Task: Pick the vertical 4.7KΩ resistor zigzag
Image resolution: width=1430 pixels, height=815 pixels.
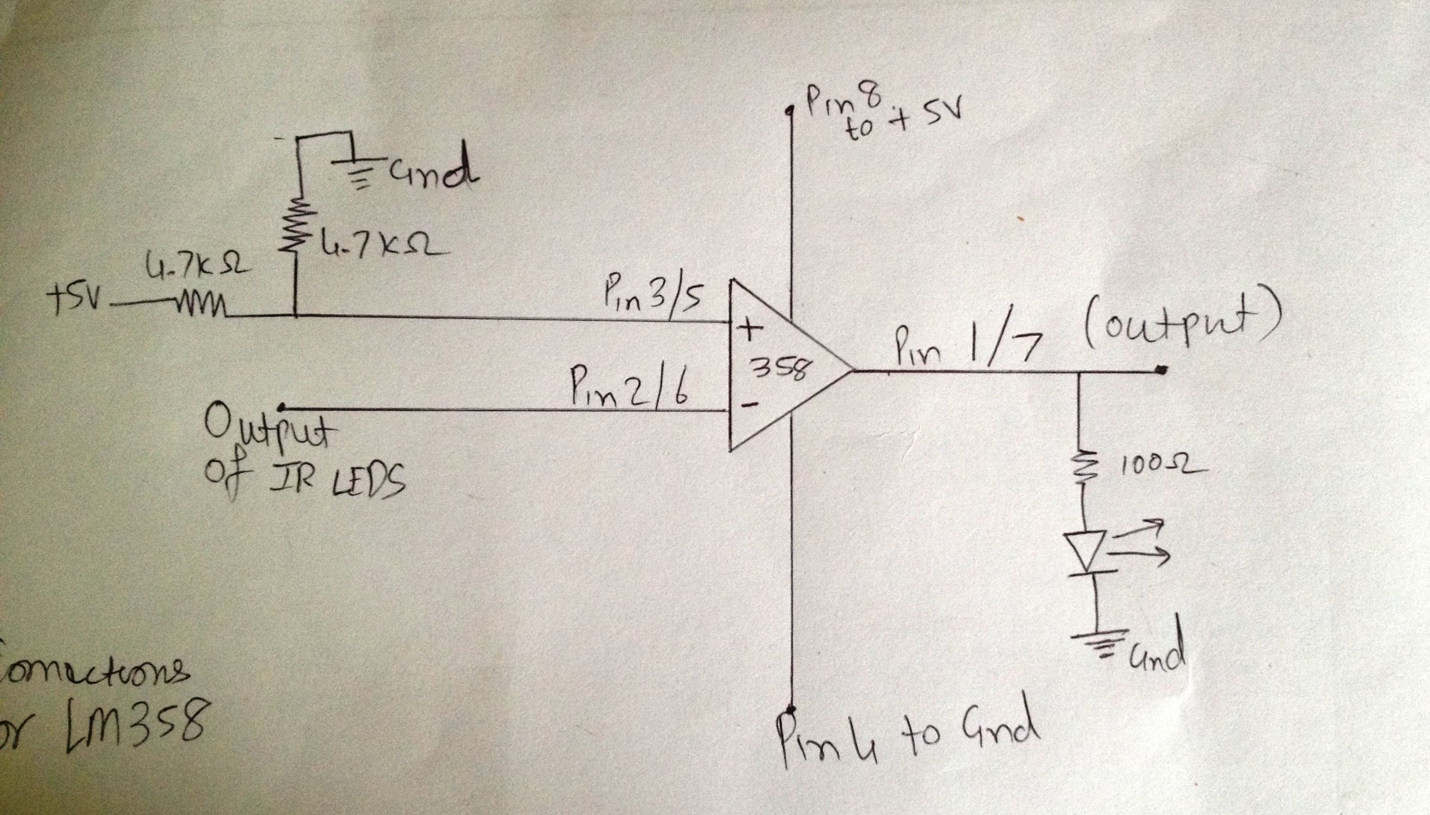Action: tap(296, 229)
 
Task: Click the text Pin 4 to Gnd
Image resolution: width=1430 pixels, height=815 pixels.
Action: tap(906, 736)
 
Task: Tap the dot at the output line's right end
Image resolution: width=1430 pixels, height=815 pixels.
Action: tap(1161, 371)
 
